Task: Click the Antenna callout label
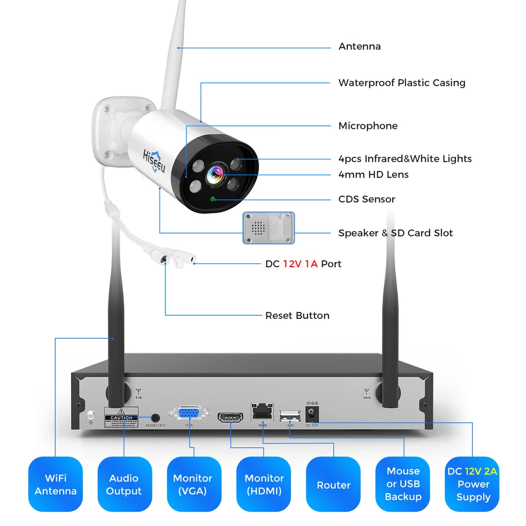tap(359, 47)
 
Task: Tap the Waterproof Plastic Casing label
tap(402, 83)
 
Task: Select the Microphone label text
tap(368, 126)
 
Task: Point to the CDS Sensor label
tap(367, 199)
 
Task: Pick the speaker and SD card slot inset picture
tap(268, 228)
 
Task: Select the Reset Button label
tap(297, 316)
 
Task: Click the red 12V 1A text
tap(300, 264)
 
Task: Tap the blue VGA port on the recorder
tap(188, 414)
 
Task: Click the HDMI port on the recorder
tap(231, 418)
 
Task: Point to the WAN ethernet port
tap(262, 412)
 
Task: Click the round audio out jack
tap(155, 418)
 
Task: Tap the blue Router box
tap(333, 485)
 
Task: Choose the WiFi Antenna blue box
tap(55, 485)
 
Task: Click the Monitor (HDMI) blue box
tap(264, 485)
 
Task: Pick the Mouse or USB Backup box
tap(403, 484)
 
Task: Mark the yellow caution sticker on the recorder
tap(121, 418)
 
